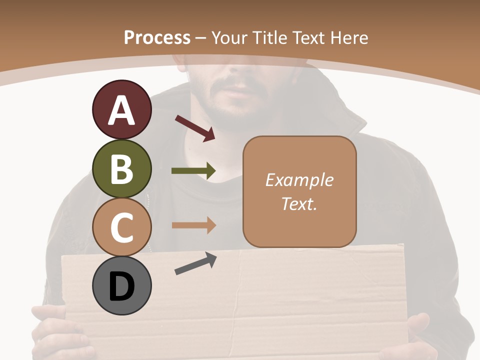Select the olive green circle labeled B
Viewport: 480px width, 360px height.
[x=121, y=169]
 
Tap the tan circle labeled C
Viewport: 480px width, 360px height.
[x=121, y=227]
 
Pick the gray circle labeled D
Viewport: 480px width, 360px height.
[x=121, y=286]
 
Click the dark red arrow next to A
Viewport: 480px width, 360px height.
[x=195, y=128]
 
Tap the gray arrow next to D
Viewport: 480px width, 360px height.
[x=195, y=263]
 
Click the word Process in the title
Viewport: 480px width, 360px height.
[x=157, y=37]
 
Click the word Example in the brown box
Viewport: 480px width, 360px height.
[x=299, y=180]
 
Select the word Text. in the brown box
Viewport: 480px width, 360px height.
[x=299, y=203]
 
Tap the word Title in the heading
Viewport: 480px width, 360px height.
[x=270, y=37]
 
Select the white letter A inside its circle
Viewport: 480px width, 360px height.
[x=121, y=111]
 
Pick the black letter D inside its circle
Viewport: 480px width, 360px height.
[x=121, y=286]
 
